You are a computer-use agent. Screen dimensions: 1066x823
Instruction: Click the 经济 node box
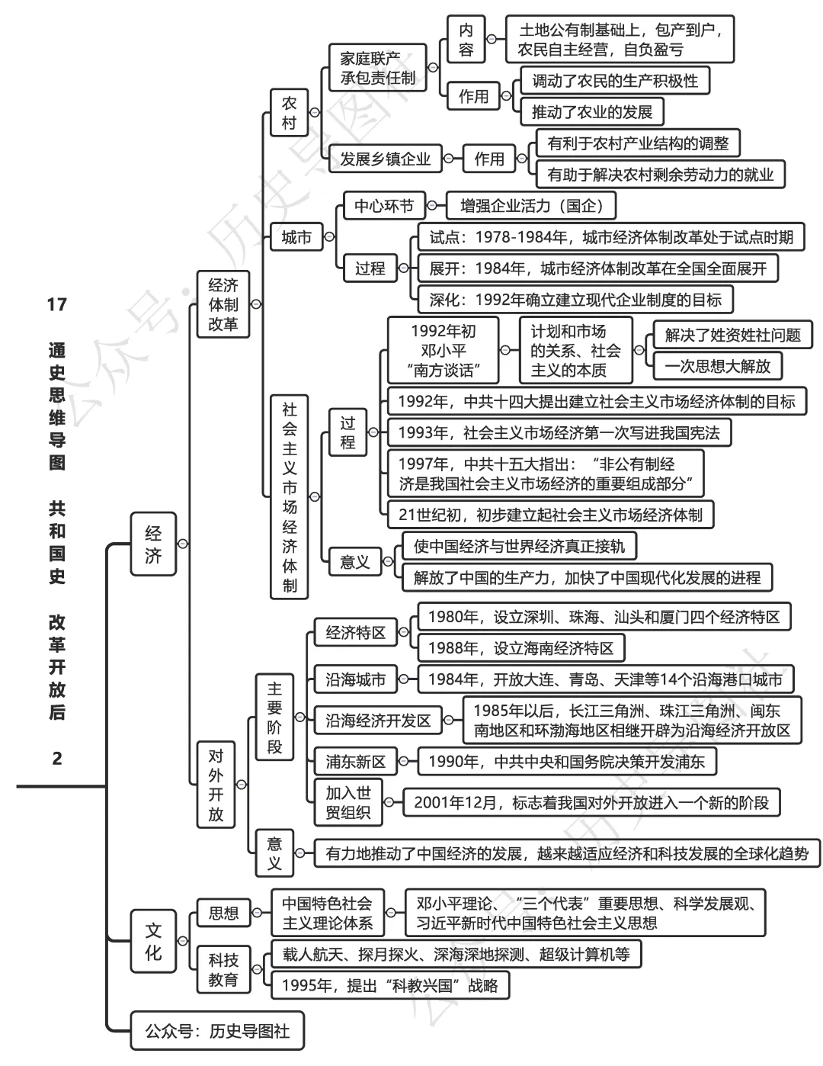pyautogui.click(x=153, y=544)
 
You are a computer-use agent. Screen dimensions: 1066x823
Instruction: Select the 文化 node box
pyautogui.click(x=153, y=941)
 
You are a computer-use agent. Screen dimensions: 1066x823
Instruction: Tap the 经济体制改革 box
pyautogui.click(x=223, y=304)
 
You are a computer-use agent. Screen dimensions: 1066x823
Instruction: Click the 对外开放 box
pyautogui.click(x=216, y=785)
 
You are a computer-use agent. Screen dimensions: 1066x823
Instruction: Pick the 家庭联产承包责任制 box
pyautogui.click(x=378, y=68)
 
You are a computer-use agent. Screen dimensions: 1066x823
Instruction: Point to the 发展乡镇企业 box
pyautogui.click(x=385, y=159)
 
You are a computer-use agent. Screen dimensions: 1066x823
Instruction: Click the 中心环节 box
pyautogui.click(x=384, y=206)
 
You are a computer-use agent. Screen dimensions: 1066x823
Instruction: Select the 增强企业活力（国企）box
pyautogui.click(x=531, y=206)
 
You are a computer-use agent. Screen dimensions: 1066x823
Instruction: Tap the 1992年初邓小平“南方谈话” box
pyautogui.click(x=443, y=351)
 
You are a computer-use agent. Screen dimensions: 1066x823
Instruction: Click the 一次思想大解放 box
pyautogui.click(x=717, y=366)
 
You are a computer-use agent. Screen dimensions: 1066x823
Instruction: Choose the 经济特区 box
pyautogui.click(x=356, y=632)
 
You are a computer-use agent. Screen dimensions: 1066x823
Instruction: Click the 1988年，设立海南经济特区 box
pyautogui.click(x=520, y=648)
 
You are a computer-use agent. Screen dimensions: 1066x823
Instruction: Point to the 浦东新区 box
pyautogui.click(x=356, y=761)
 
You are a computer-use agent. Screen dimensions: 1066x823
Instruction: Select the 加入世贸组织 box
pyautogui.click(x=348, y=802)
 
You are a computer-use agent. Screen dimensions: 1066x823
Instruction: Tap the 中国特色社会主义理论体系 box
pyautogui.click(x=328, y=913)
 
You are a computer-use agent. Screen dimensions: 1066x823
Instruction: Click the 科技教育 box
pyautogui.click(x=223, y=969)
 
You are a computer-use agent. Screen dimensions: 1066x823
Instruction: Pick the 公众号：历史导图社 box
pyautogui.click(x=217, y=1031)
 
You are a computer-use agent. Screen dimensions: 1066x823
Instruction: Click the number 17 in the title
pyautogui.click(x=57, y=305)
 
